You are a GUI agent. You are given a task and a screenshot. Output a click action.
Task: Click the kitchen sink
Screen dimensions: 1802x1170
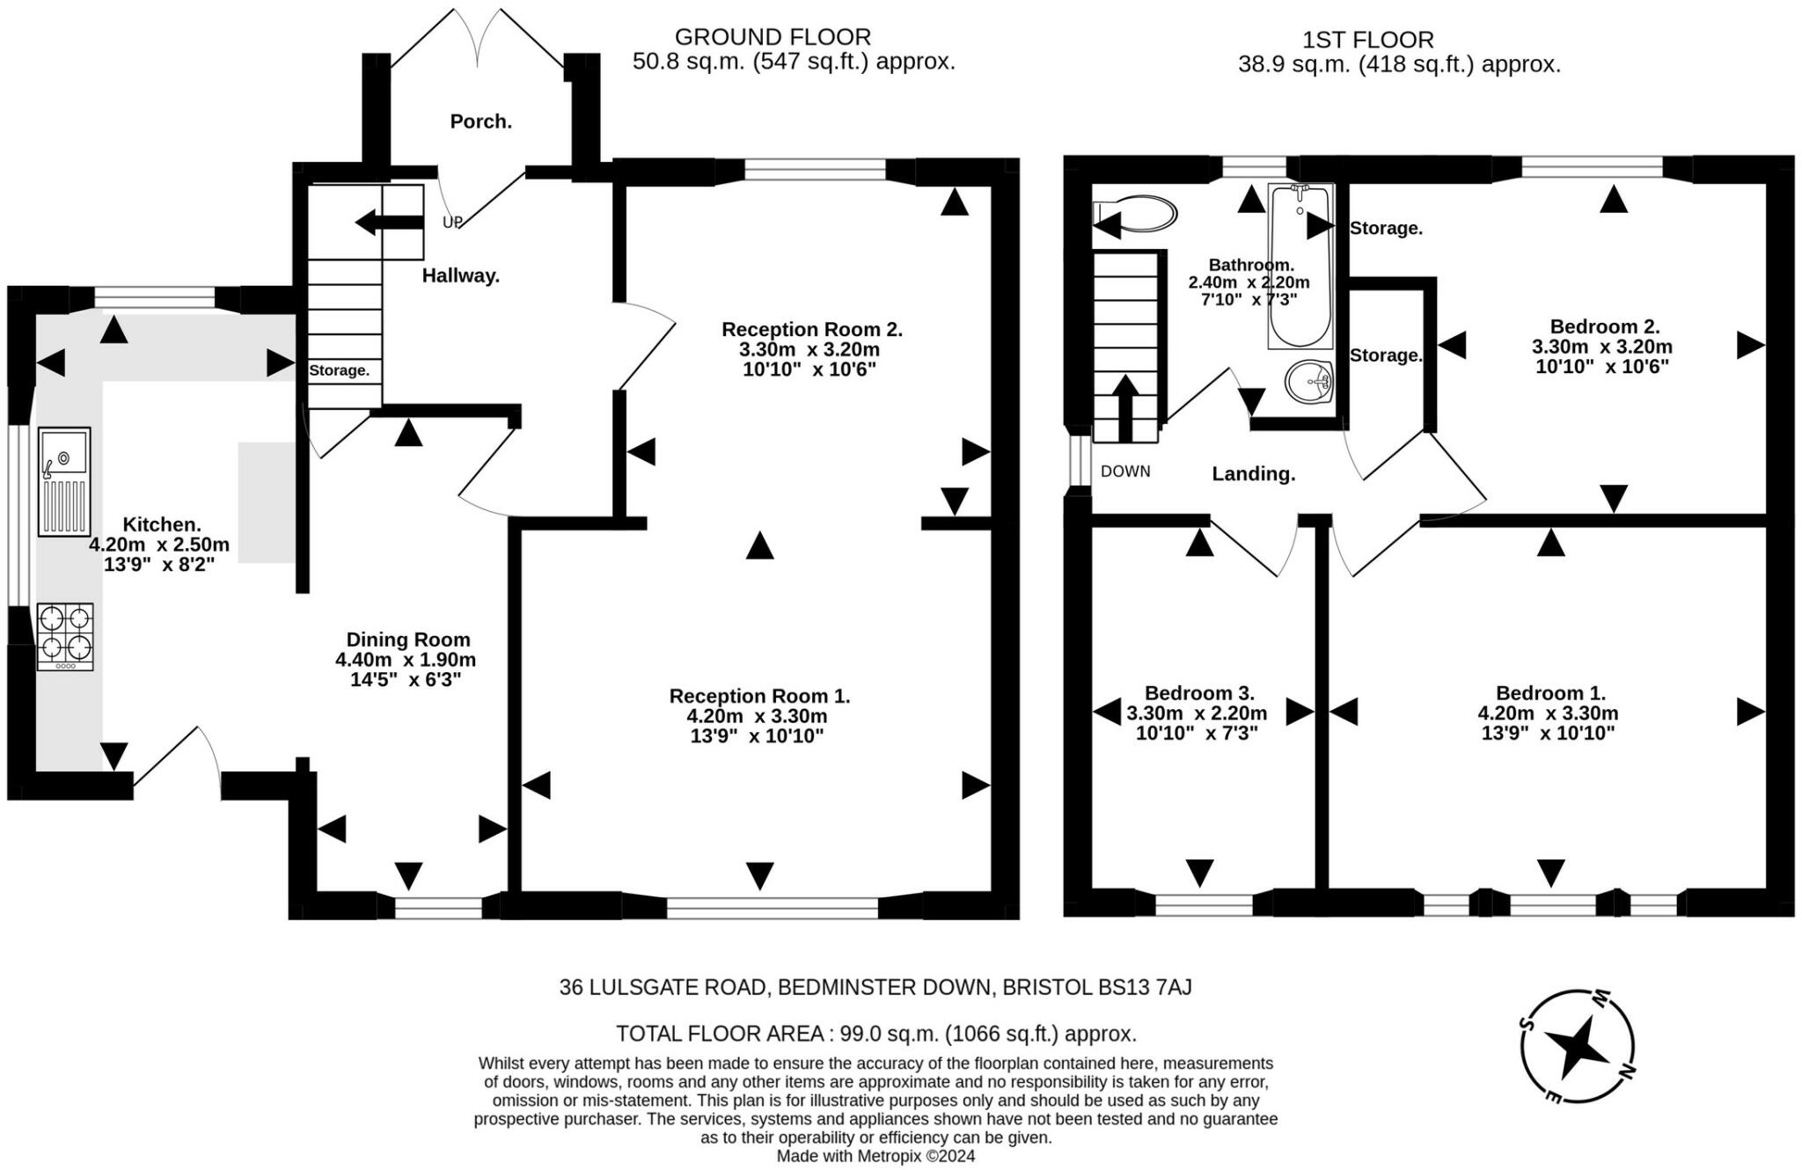(x=64, y=481)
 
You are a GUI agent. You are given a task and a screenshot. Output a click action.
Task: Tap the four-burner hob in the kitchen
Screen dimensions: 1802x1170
(x=65, y=637)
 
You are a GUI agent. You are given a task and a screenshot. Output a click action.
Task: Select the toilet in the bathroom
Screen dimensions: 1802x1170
(x=1134, y=214)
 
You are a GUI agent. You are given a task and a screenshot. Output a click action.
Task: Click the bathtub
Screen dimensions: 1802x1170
(x=1300, y=266)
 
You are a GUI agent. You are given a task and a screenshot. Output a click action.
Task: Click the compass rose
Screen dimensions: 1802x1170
(x=1579, y=1045)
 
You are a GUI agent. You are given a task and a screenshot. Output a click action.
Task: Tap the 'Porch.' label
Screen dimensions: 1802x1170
(x=481, y=121)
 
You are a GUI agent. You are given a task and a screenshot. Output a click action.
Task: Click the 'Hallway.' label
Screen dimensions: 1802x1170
(x=461, y=275)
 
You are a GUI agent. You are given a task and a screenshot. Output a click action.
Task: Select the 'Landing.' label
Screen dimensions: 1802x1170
(x=1254, y=474)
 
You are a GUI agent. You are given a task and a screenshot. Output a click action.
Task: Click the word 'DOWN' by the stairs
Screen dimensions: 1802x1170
(x=1125, y=472)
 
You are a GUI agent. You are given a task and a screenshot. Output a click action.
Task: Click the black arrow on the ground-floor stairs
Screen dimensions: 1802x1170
(x=389, y=223)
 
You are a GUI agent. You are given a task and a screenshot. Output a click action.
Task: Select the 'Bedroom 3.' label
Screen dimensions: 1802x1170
(x=1199, y=693)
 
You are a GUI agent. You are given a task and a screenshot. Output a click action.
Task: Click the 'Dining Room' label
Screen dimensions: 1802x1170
(x=408, y=640)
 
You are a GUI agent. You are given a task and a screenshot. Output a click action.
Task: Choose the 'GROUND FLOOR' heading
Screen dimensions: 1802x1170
(x=773, y=37)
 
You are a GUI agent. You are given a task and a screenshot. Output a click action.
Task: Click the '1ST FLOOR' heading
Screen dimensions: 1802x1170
(x=1368, y=40)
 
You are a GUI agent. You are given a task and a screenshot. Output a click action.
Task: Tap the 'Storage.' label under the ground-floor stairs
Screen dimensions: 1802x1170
(x=339, y=370)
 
